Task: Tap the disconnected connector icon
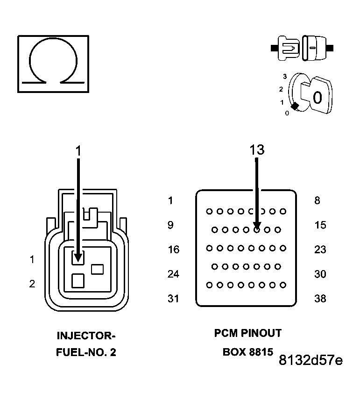coord(302,48)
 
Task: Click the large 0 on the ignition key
coord(318,98)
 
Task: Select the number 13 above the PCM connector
coord(256,150)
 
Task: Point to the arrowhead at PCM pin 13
coord(256,226)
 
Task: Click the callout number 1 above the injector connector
coord(78,150)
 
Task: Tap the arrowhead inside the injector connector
coord(78,257)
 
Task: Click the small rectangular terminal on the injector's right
coord(97,269)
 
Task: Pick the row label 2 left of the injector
coord(32,284)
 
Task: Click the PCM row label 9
coord(170,225)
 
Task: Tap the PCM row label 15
coord(320,225)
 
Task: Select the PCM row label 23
coord(320,250)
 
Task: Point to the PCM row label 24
coord(173,274)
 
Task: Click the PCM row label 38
coord(320,298)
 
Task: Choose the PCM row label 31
coord(173,298)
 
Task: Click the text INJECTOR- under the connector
coord(85,336)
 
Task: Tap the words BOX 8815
coord(247,352)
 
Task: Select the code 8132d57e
coord(311,360)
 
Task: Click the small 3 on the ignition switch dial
coord(284,76)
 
